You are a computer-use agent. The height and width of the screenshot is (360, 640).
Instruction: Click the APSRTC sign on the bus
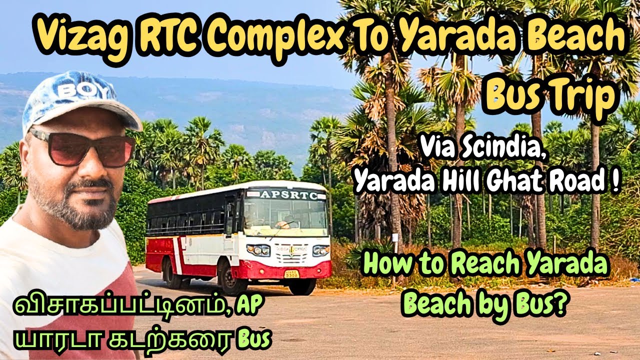pyautogui.click(x=288, y=195)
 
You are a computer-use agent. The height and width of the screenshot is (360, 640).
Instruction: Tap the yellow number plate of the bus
pyautogui.click(x=291, y=273)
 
